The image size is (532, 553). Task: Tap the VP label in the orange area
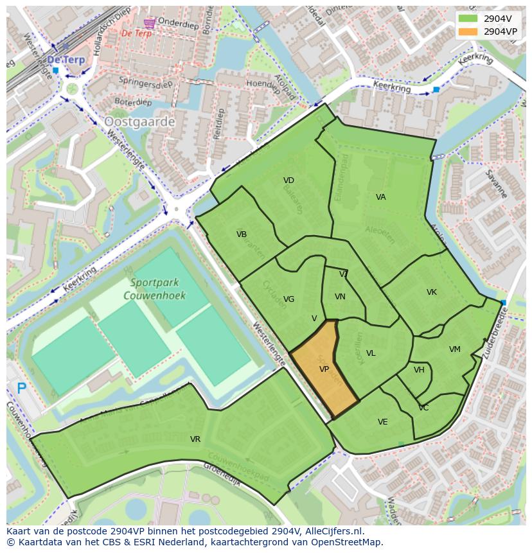pyautogui.click(x=324, y=369)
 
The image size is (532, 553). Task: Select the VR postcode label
pyautogui.click(x=195, y=439)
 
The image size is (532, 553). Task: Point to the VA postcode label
pyautogui.click(x=381, y=197)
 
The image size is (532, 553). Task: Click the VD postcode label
pyautogui.click(x=288, y=180)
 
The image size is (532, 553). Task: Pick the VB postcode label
pyautogui.click(x=242, y=234)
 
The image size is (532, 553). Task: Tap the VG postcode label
pyautogui.click(x=288, y=299)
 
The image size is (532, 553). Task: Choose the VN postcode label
pyautogui.click(x=340, y=297)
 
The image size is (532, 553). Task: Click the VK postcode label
pyautogui.click(x=432, y=292)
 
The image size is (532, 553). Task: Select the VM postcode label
pyautogui.click(x=455, y=349)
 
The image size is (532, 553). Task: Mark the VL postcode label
pyautogui.click(x=371, y=353)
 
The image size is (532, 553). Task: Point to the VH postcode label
pyautogui.click(x=419, y=370)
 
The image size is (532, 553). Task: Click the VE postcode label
pyautogui.click(x=383, y=422)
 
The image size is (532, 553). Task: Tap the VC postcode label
pyautogui.click(x=423, y=408)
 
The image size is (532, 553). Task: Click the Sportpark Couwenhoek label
pyautogui.click(x=157, y=289)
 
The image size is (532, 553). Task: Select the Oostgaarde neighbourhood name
pyautogui.click(x=139, y=121)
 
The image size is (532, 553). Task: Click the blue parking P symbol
pyautogui.click(x=21, y=388)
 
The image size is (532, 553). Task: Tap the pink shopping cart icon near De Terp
pyautogui.click(x=150, y=22)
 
